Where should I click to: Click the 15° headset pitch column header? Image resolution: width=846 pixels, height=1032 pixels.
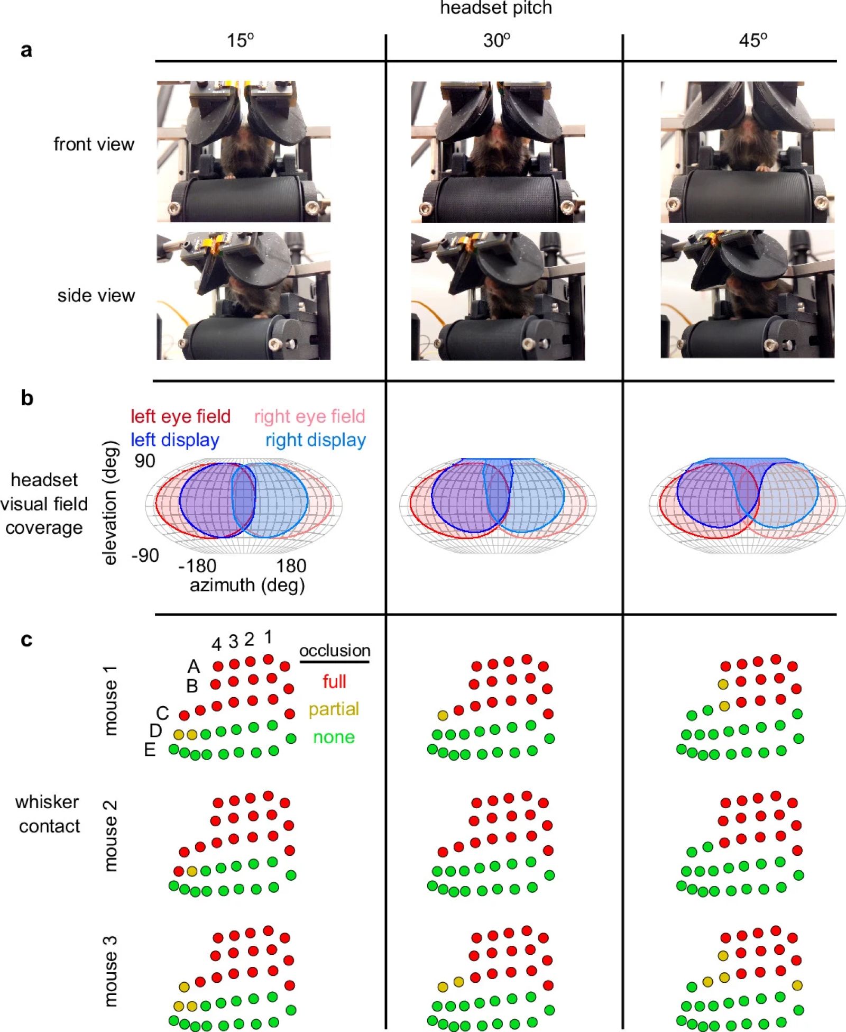tap(241, 40)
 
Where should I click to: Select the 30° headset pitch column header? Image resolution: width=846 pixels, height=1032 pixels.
tap(496, 40)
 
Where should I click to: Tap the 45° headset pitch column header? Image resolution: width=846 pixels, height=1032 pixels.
tap(753, 40)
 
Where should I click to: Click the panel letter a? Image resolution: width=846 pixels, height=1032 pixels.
tap(26, 50)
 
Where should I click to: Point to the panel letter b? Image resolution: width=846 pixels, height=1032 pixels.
tap(26, 398)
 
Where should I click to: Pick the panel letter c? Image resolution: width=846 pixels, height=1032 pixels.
tap(26, 640)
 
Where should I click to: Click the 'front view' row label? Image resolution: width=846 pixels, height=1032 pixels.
tap(94, 144)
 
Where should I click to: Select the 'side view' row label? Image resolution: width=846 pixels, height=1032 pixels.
tap(96, 295)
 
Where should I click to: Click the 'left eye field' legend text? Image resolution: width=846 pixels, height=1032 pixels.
tap(180, 416)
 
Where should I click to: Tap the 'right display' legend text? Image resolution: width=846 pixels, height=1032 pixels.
tap(316, 440)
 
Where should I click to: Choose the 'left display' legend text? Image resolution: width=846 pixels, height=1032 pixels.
tap(175, 440)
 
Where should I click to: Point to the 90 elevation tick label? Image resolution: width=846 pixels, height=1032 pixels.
tap(145, 461)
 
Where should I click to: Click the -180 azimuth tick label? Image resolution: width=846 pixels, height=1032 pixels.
tap(197, 566)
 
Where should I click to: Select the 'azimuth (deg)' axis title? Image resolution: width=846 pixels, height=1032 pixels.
tap(247, 585)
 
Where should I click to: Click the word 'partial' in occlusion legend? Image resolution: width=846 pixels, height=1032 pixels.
tap(334, 709)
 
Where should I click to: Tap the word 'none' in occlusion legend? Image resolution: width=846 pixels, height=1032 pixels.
tap(334, 737)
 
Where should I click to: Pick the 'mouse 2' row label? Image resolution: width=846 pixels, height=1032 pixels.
tap(111, 836)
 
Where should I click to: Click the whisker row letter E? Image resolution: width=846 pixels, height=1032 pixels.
tap(150, 750)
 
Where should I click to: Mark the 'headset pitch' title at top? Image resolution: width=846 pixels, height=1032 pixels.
tap(496, 8)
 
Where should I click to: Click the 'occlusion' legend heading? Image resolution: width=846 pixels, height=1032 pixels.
tap(335, 651)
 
